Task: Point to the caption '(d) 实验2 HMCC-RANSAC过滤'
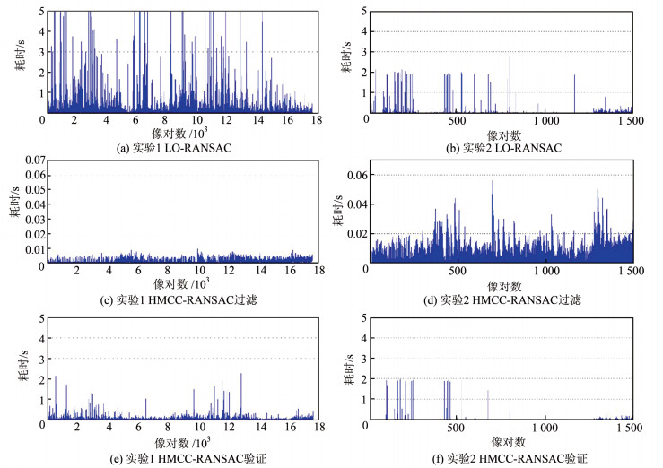(502, 297)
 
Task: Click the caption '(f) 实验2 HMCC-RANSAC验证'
(502, 457)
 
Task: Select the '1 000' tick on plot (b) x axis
(544, 119)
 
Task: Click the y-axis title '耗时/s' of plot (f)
(345, 369)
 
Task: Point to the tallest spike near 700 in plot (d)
(493, 182)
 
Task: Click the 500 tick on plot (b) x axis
(457, 119)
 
